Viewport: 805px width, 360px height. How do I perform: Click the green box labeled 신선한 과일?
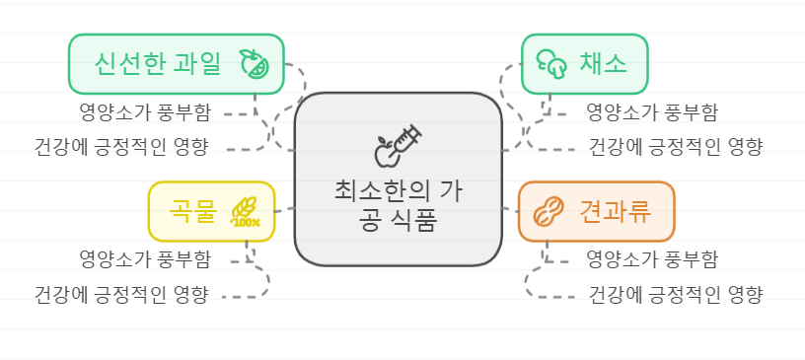coord(176,64)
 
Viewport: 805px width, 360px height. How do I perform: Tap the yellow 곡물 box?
coord(211,211)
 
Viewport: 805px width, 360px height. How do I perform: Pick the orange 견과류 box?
coord(596,211)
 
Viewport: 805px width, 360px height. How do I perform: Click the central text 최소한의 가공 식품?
coord(398,204)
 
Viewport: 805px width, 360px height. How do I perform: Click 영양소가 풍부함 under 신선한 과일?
coord(144,111)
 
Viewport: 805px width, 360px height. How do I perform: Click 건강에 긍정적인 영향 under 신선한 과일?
coord(120,148)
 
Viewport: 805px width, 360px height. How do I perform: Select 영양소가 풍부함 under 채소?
coord(651,111)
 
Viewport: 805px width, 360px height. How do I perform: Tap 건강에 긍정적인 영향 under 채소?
coord(676,148)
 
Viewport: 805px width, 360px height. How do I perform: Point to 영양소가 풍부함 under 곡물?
coord(144,259)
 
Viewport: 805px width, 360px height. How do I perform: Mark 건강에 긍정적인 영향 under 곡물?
coord(120,295)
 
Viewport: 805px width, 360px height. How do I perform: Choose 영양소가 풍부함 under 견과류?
coord(651,259)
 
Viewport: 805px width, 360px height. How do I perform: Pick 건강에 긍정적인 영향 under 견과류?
coord(676,295)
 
